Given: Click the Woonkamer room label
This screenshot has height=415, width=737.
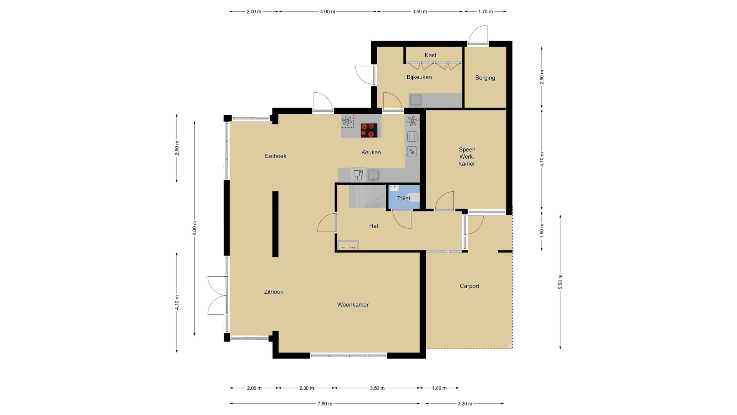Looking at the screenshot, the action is click(x=353, y=305).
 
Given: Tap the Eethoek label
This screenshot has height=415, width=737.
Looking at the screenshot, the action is click(x=276, y=156).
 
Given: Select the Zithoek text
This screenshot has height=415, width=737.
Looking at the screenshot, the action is click(x=274, y=292).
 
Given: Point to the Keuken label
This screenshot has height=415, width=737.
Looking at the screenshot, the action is click(x=371, y=153).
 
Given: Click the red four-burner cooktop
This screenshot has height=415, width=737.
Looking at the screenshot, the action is click(x=369, y=130).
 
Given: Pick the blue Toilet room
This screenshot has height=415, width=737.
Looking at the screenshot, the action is click(x=404, y=197).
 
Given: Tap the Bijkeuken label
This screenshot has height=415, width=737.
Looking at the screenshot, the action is click(x=419, y=77).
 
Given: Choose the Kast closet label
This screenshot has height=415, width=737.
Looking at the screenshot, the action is click(x=430, y=55).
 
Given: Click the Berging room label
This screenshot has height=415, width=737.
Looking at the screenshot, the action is click(x=485, y=78).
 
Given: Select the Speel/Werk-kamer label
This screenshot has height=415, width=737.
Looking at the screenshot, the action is click(x=467, y=157).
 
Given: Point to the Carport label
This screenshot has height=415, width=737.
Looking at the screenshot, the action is click(x=469, y=286).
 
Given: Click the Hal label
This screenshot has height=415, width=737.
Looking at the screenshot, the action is click(x=373, y=226).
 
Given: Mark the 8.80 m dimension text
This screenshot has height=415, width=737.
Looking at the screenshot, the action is click(x=195, y=228).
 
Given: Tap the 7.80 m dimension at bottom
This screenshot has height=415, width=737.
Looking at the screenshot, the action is click(x=325, y=403).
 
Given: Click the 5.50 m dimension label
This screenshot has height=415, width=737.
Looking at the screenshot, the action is click(x=560, y=282).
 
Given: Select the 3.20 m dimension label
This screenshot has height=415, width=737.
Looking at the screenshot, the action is click(x=465, y=403).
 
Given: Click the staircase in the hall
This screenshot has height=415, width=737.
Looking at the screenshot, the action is click(x=367, y=196).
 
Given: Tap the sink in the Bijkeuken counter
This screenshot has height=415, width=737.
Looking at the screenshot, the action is click(x=416, y=100).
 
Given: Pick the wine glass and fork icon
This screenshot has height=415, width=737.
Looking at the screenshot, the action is click(x=358, y=175).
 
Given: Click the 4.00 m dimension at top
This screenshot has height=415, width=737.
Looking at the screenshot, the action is click(x=327, y=12).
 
